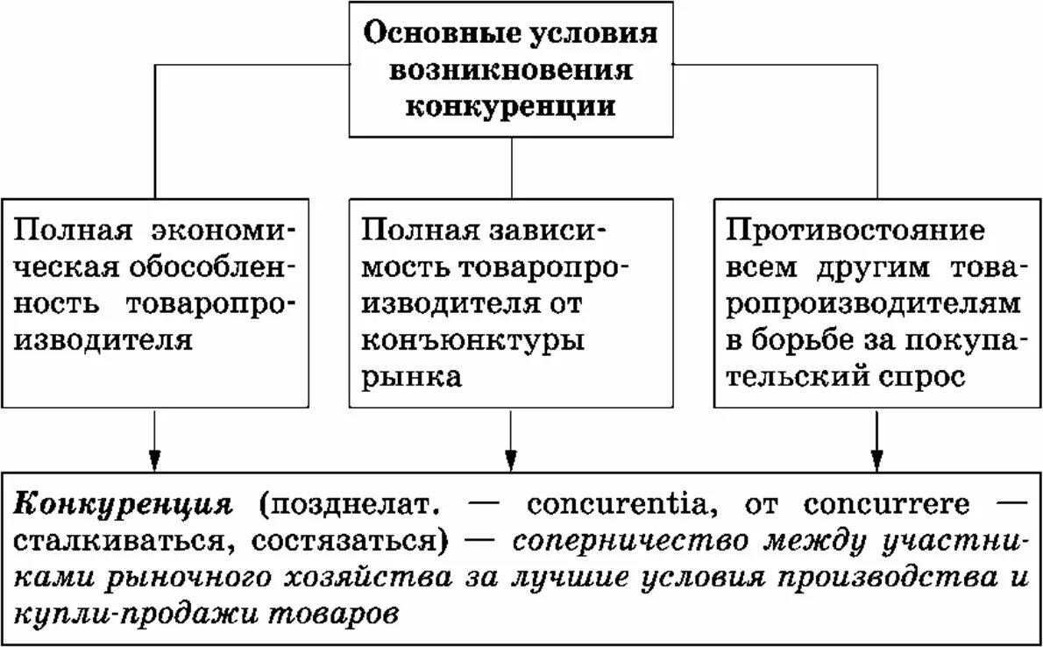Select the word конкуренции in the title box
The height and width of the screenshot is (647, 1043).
click(x=512, y=105)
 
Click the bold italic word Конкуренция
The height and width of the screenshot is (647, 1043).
click(x=124, y=506)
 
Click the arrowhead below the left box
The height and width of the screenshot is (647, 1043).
click(x=154, y=459)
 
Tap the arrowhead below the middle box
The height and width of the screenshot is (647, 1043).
click(x=512, y=459)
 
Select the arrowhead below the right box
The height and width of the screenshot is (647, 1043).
click(x=876, y=459)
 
